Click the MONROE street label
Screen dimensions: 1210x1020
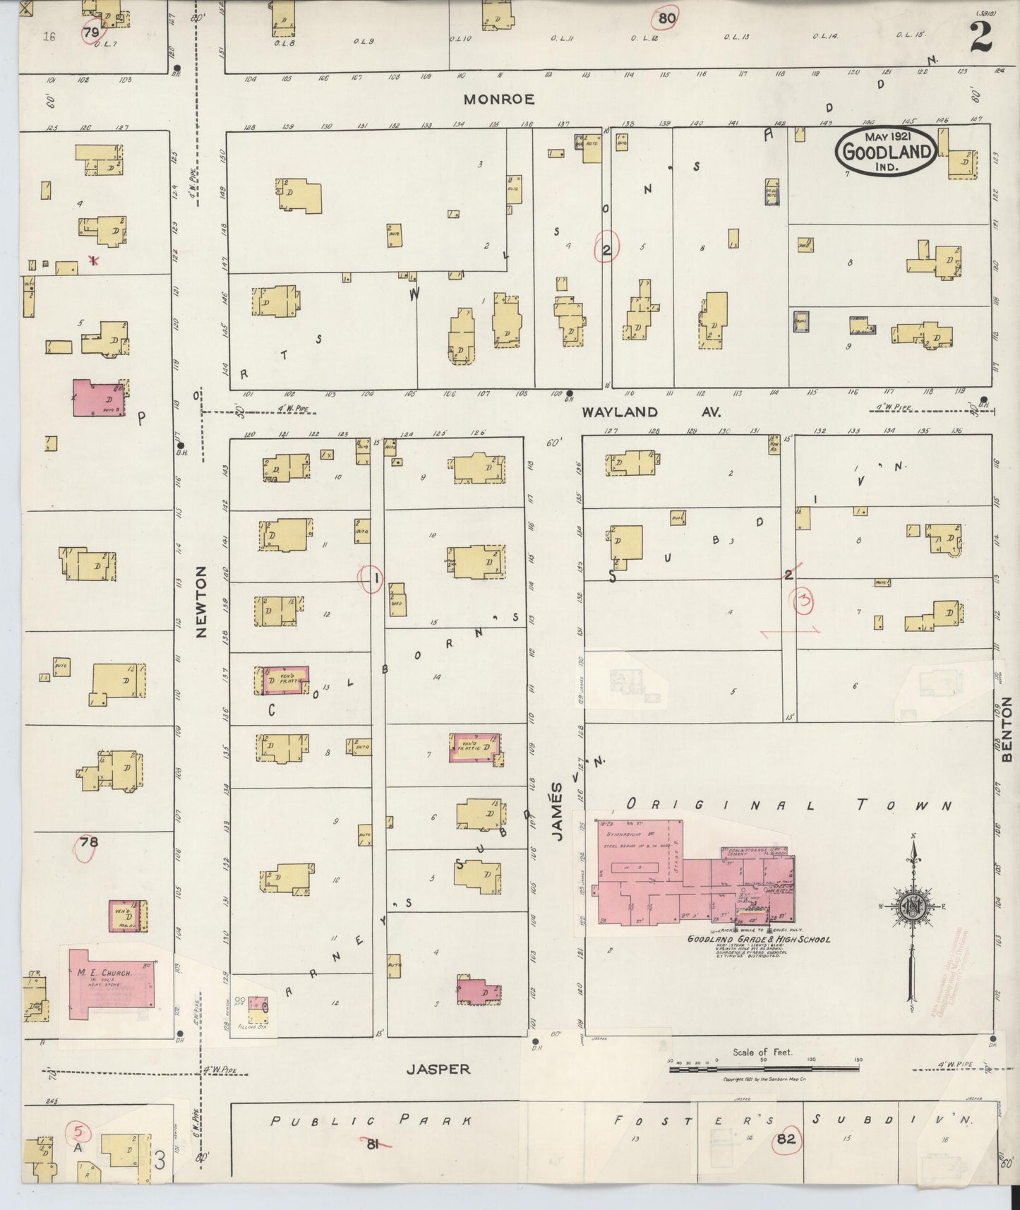pyautogui.click(x=498, y=100)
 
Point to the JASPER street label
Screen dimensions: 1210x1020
pyautogui.click(x=438, y=1069)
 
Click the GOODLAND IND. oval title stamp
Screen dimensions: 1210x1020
pyautogui.click(x=887, y=150)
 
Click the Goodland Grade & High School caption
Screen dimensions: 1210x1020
pyautogui.click(x=760, y=940)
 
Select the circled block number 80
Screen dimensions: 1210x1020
pyautogui.click(x=666, y=18)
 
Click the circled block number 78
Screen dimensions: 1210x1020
pyautogui.click(x=89, y=841)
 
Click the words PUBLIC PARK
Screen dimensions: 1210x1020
pyautogui.click(x=371, y=1120)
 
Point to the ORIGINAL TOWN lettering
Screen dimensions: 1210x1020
pyautogui.click(x=788, y=805)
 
